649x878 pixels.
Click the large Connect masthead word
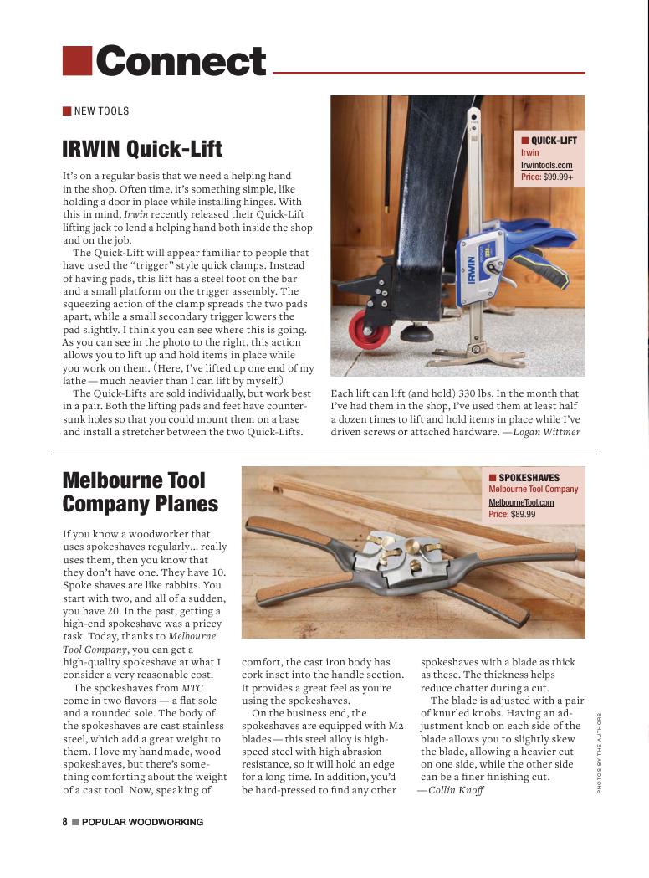(181, 61)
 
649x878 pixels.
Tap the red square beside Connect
(77, 61)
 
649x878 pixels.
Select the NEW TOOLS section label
(101, 111)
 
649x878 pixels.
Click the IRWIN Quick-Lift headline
(142, 149)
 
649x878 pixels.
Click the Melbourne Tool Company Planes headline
(140, 492)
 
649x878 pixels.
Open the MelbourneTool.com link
(521, 502)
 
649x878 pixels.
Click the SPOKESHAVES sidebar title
(529, 478)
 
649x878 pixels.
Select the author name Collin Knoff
(456, 790)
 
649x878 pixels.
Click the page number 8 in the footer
(64, 822)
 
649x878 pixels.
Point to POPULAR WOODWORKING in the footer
(142, 822)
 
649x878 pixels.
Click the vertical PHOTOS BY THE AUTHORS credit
(600, 752)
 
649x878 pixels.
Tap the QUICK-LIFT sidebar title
(554, 141)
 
